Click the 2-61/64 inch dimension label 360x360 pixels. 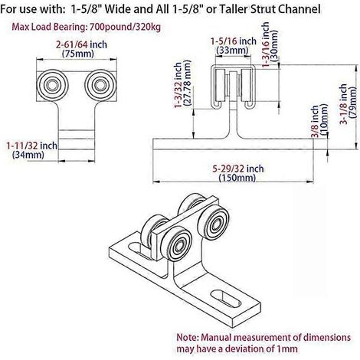tap(81, 44)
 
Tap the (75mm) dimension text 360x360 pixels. tap(78, 54)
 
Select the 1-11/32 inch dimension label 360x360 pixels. tap(32, 146)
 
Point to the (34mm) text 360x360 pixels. tap(28, 155)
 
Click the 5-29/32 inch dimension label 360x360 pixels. tap(238, 169)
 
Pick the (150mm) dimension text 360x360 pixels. tap(237, 178)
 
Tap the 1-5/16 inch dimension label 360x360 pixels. tap(234, 41)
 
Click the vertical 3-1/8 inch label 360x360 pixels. tap(343, 104)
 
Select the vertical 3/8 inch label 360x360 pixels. tap(315, 121)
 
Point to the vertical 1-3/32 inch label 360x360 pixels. tap(178, 85)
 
